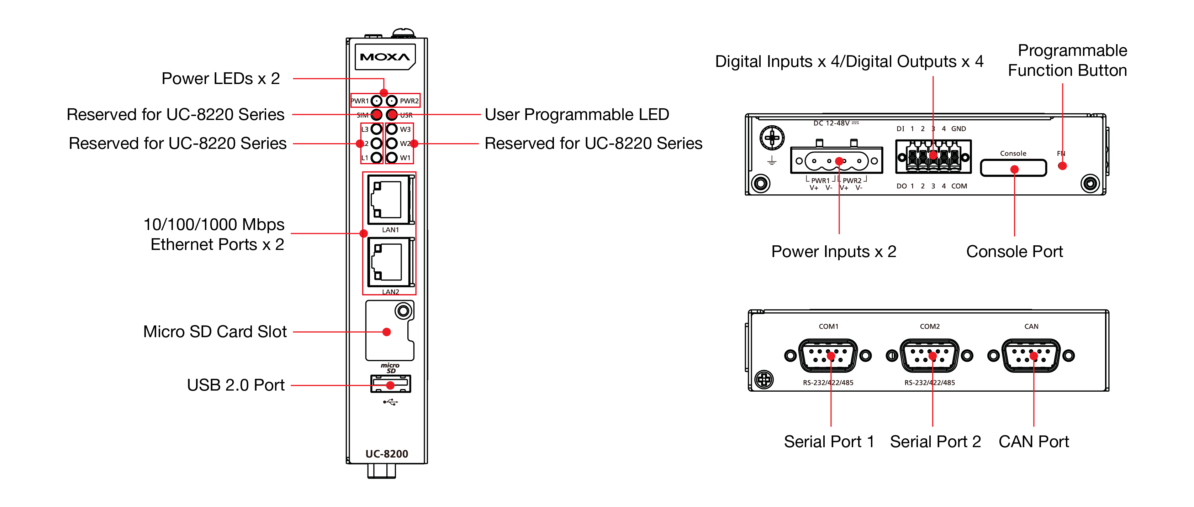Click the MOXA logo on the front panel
[385, 57]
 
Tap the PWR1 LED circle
[377, 101]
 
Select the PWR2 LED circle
[392, 101]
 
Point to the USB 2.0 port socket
[391, 383]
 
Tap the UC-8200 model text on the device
[387, 454]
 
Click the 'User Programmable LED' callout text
[577, 115]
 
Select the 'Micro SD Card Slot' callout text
[215, 332]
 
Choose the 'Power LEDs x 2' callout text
[221, 79]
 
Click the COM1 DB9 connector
[828, 356]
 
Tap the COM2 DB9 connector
[929, 356]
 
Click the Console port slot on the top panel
[1013, 168]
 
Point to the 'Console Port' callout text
[1014, 251]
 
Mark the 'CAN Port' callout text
[1034, 441]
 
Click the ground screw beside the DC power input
[772, 137]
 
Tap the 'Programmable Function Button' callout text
[1067, 60]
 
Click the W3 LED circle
[392, 129]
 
